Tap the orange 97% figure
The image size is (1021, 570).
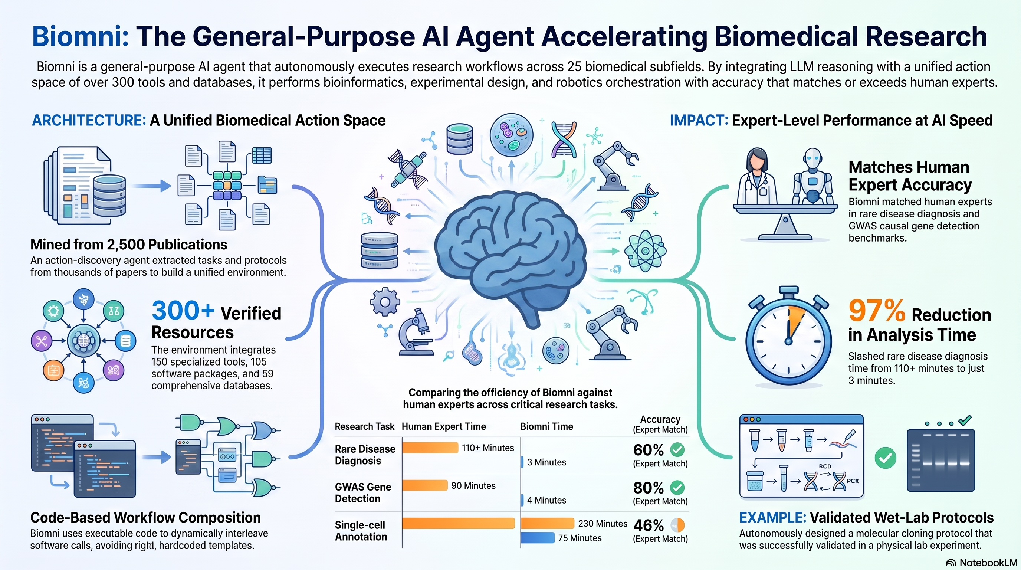(x=877, y=311)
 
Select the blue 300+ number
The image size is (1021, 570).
(x=183, y=310)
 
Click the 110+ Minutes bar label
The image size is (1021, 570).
(x=487, y=448)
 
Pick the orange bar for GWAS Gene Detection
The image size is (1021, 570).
(x=425, y=485)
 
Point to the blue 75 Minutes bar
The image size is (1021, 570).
(x=538, y=538)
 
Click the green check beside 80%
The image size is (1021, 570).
(x=677, y=488)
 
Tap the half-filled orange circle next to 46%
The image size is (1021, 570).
(x=678, y=525)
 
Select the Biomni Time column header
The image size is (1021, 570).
(x=546, y=426)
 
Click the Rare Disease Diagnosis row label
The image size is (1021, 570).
(x=365, y=455)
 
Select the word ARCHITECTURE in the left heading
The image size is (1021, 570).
(x=89, y=121)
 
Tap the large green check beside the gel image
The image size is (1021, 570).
(x=886, y=458)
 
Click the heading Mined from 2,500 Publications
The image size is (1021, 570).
(x=129, y=245)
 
